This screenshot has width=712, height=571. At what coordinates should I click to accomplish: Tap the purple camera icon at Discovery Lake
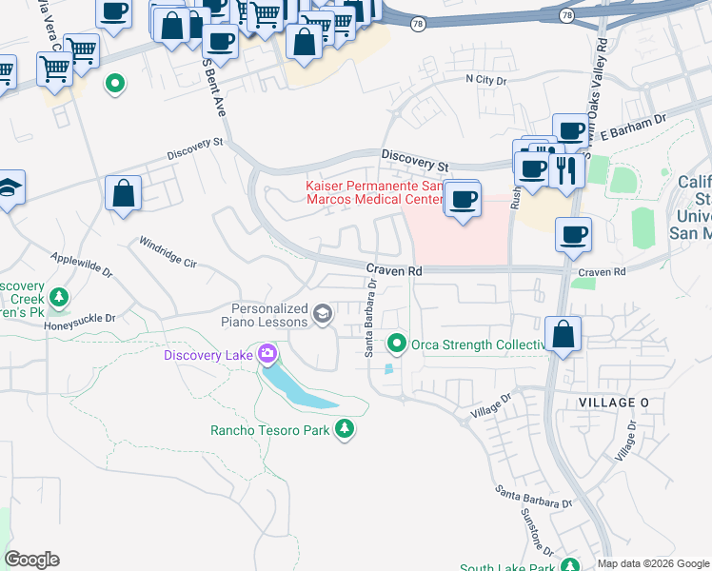point(267,356)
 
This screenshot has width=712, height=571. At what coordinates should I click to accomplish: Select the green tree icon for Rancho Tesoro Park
point(345,430)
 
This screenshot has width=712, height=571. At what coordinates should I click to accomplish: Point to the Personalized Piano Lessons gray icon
point(324,315)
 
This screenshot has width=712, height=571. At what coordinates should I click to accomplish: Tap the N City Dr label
point(485,81)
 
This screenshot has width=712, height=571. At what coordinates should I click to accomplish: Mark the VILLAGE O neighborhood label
point(613,404)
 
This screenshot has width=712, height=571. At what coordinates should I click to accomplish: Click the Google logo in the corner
point(32,560)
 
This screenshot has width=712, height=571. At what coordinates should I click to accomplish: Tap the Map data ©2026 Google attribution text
point(653,563)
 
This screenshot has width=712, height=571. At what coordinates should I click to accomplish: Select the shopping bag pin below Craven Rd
point(564,334)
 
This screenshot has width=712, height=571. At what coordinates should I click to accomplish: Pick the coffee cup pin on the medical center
point(463,199)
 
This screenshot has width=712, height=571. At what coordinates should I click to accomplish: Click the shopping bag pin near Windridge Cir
point(123,193)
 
